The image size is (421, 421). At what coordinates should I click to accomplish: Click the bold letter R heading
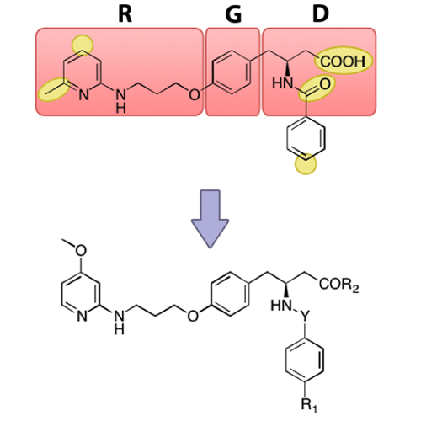point(125,14)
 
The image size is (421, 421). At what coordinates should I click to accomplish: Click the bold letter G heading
point(233,14)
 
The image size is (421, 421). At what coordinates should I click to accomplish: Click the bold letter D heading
point(320,14)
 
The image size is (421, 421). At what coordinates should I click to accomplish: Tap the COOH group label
point(343,61)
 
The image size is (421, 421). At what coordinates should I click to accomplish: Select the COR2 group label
point(339,285)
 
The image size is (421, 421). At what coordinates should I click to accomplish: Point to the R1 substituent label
point(309,406)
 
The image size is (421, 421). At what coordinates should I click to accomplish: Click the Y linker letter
point(305,316)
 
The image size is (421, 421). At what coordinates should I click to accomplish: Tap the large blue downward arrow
point(210,219)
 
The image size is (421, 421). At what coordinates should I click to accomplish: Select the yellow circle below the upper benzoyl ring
point(306,164)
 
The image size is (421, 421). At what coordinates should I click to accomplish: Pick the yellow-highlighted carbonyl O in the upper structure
point(325,84)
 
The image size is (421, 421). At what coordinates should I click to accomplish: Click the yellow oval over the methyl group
point(54,89)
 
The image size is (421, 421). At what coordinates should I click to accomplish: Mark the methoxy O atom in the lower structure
point(81,251)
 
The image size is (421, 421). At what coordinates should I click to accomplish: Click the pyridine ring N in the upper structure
point(83,95)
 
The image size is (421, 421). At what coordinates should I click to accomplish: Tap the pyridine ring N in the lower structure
point(82,317)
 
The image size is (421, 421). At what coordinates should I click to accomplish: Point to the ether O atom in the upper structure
point(195,94)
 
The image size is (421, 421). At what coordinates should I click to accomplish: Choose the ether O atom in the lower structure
point(193,317)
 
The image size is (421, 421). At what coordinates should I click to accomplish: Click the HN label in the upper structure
point(283,83)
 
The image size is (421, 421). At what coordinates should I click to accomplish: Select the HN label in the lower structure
point(281,305)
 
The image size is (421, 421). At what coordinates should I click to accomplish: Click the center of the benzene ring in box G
point(232,72)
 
